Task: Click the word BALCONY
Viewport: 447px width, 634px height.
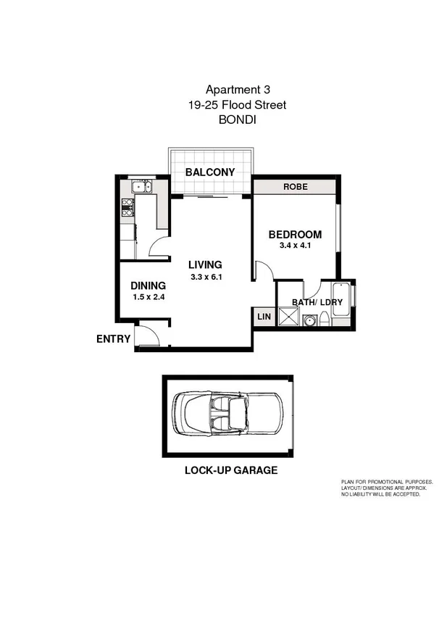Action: point(210,172)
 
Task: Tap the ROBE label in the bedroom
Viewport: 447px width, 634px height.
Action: point(295,186)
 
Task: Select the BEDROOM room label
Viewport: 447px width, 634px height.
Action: point(295,235)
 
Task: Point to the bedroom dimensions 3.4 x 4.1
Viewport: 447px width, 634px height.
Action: point(295,246)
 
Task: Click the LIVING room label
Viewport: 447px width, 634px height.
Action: point(205,264)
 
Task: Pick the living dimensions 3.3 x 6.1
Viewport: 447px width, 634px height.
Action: point(205,276)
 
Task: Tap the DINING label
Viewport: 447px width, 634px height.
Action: point(148,285)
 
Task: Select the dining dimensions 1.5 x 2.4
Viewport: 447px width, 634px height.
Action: point(148,297)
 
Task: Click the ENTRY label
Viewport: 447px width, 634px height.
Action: point(113,338)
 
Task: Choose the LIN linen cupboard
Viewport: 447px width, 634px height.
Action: point(263,317)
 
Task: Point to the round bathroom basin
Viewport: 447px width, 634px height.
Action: point(309,320)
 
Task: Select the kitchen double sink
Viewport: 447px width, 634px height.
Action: point(141,188)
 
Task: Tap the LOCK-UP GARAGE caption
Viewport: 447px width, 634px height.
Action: point(230,470)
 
